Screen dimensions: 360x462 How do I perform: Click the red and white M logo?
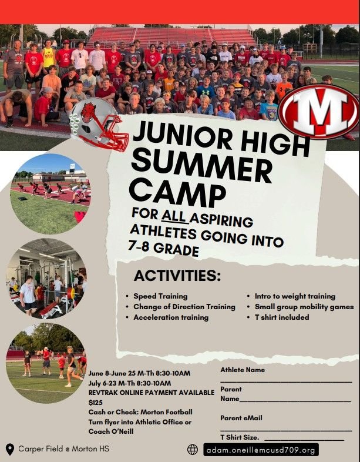coord(318,111)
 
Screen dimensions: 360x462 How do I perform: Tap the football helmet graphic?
coord(99,125)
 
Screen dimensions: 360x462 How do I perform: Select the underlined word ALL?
coord(174,215)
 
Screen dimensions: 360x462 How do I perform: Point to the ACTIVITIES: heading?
coord(177,276)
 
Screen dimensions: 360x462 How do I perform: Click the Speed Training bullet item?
coord(160,296)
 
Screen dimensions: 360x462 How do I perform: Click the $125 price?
coord(95,403)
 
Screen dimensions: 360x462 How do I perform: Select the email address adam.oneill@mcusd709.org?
coord(261,450)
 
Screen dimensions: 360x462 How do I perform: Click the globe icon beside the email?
coord(193,449)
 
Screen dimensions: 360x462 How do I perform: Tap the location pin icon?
coord(10,449)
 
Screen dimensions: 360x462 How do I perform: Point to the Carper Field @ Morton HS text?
coord(63,448)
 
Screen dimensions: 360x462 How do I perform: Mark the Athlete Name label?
coord(243,370)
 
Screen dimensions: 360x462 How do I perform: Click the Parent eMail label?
coord(241,418)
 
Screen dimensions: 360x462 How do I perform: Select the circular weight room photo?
coord(46,279)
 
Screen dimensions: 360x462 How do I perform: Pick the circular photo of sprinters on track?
coord(51,193)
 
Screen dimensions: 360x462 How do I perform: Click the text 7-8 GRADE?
coord(163,248)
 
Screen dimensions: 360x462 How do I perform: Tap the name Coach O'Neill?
coord(111,431)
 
